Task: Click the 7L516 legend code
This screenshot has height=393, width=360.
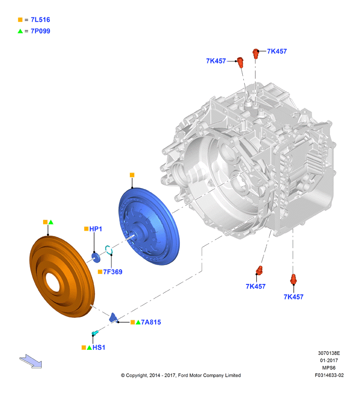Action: click(40, 19)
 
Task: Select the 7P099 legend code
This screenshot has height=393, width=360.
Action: click(40, 31)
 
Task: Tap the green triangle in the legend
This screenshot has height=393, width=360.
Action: click(20, 31)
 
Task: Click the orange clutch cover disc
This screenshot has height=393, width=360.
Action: click(62, 276)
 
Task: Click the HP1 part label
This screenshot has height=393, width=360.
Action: click(96, 229)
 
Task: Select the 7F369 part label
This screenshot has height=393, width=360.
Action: click(113, 272)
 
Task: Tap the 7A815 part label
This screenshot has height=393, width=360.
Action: click(151, 322)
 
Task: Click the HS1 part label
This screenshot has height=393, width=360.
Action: click(99, 347)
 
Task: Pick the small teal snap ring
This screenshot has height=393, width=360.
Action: click(109, 250)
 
